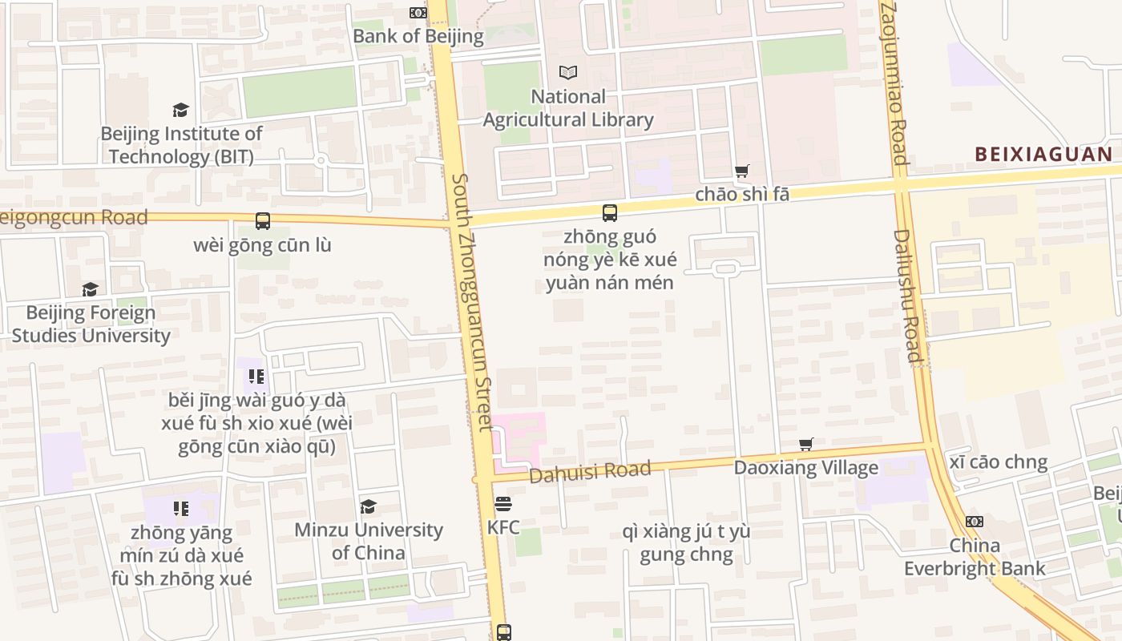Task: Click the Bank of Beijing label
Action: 418,36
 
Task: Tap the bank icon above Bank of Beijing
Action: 418,13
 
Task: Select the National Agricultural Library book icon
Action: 568,73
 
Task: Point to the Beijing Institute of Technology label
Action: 181,145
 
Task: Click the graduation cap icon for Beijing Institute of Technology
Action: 180,110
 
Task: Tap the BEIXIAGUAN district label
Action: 1043,155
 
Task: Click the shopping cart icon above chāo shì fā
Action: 742,171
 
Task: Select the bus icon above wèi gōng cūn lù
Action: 262,221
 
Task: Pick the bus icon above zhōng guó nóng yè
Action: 610,213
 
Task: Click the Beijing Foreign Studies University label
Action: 91,324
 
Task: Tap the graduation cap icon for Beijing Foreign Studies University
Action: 90,289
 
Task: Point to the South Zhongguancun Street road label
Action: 474,301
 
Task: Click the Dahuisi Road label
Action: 590,472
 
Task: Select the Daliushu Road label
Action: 908,296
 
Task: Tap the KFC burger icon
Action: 503,504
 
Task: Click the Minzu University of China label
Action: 369,541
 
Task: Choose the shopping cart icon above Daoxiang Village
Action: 806,445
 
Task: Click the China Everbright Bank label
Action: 975,557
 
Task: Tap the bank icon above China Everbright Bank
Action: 975,522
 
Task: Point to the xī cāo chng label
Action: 998,462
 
